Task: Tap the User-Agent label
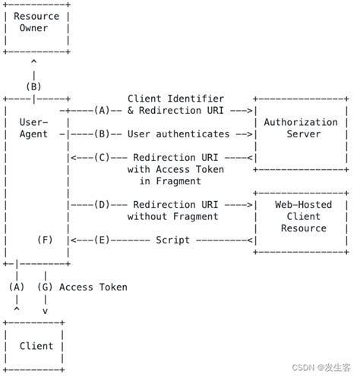(x=32, y=127)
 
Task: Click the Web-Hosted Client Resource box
(x=302, y=216)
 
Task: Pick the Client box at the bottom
(x=36, y=346)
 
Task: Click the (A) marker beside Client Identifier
(x=103, y=110)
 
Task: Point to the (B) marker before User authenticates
(x=103, y=134)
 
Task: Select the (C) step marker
(x=103, y=157)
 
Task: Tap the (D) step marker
(x=103, y=205)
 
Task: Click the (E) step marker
(x=103, y=240)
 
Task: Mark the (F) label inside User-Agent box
(x=45, y=240)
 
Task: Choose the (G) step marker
(x=45, y=287)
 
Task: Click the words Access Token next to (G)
(x=93, y=287)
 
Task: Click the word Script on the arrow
(x=172, y=240)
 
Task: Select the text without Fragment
(x=174, y=216)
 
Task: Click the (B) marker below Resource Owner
(x=34, y=86)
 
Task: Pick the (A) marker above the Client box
(x=16, y=287)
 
